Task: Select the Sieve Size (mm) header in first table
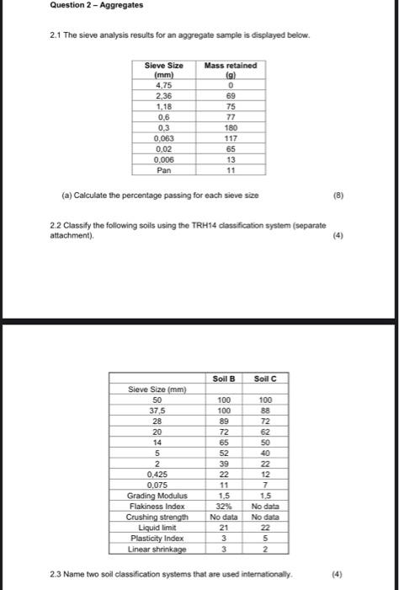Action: [164, 70]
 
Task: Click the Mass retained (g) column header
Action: [231, 70]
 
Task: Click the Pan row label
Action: [164, 168]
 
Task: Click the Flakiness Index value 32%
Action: [224, 506]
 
